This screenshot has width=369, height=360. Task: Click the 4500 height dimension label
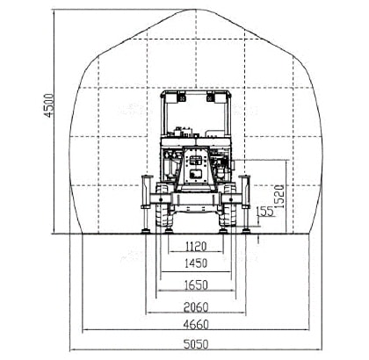click(49, 105)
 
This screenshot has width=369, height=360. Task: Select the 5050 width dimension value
click(196, 344)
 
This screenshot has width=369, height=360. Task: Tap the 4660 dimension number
click(196, 324)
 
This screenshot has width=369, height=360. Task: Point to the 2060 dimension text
click(196, 307)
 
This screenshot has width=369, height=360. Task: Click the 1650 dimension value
click(196, 285)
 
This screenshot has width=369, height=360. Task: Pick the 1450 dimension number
click(196, 263)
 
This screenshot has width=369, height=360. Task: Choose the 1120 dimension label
click(196, 247)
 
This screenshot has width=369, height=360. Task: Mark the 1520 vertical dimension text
click(279, 196)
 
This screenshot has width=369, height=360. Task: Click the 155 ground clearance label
click(265, 212)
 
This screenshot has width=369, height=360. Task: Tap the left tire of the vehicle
click(163, 205)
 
